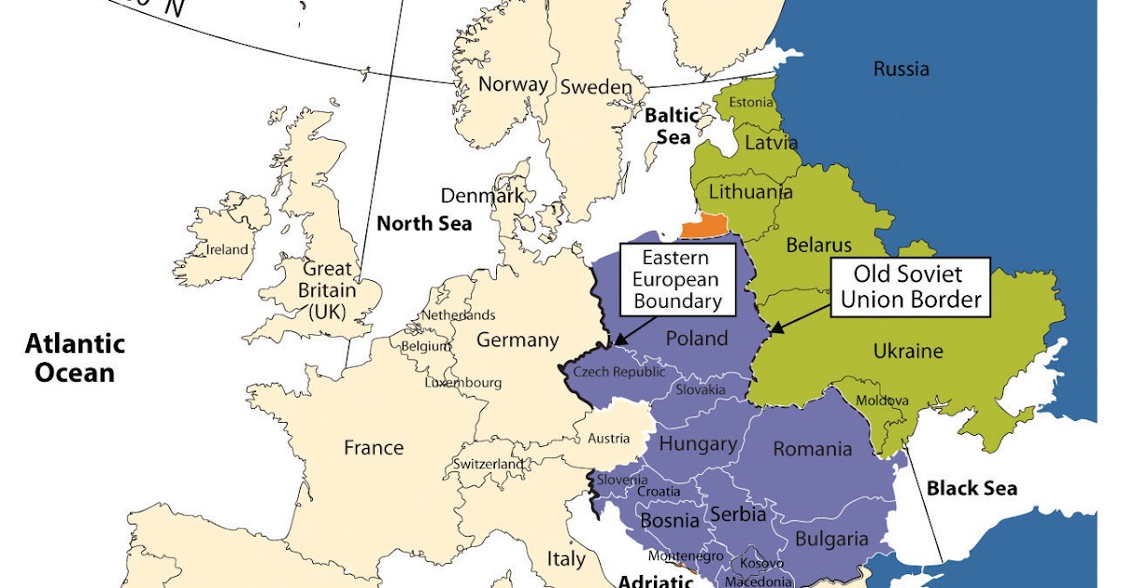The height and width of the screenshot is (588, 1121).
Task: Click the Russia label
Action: (x=901, y=69)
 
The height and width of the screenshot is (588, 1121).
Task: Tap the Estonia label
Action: (x=751, y=102)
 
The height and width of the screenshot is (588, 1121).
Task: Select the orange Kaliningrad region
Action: (x=704, y=227)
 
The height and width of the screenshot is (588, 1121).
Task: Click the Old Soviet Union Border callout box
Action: (x=908, y=287)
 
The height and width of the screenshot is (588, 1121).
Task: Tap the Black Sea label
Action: (x=972, y=488)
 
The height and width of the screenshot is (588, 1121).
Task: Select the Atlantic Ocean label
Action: (x=75, y=358)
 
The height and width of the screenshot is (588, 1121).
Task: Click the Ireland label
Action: (x=227, y=249)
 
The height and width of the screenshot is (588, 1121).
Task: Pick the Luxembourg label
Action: (x=463, y=383)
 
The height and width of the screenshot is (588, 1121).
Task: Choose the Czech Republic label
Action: (x=618, y=371)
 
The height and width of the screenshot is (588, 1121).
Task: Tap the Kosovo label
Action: (x=756, y=563)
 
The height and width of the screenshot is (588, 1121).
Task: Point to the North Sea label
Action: (x=424, y=224)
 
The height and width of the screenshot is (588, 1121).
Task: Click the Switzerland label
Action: (x=489, y=464)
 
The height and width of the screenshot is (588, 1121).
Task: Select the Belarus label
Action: (x=819, y=245)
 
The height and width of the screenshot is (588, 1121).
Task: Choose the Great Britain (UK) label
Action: (x=327, y=290)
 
